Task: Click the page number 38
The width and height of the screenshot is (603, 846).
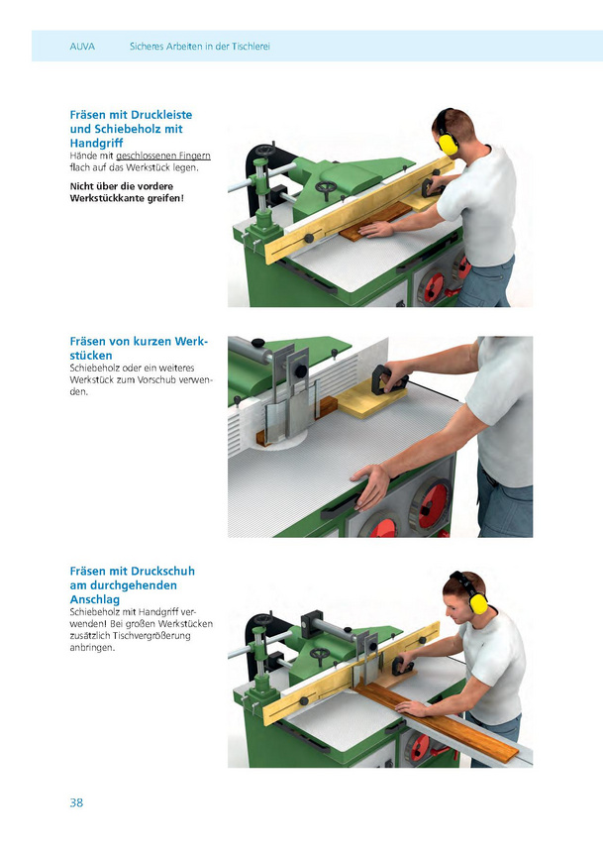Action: tap(76, 802)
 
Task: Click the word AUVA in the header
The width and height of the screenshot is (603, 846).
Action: tap(82, 47)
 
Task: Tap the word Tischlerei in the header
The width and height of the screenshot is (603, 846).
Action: tap(251, 47)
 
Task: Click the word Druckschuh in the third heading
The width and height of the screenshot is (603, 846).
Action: tap(162, 571)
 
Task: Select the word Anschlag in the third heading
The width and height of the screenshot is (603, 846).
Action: tap(95, 599)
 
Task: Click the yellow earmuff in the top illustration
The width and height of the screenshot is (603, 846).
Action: tap(448, 143)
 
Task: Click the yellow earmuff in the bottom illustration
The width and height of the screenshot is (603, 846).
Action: tap(477, 601)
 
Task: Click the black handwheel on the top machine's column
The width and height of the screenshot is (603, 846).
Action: tap(265, 151)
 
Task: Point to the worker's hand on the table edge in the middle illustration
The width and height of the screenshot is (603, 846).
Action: tap(372, 485)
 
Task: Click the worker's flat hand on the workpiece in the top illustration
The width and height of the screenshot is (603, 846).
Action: tap(376, 231)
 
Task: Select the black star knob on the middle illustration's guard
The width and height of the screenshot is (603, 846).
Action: tap(300, 370)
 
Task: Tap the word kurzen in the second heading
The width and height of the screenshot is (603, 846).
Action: tap(164, 342)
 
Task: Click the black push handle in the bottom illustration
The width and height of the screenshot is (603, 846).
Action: tap(403, 666)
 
